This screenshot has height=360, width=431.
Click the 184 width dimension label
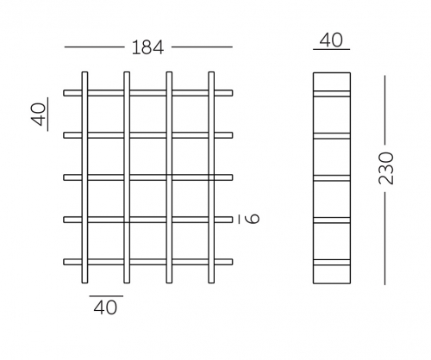pyautogui.click(x=147, y=47)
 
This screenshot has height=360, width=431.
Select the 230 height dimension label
pyautogui.click(x=386, y=169)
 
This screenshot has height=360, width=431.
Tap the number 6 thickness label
pyautogui.click(x=253, y=219)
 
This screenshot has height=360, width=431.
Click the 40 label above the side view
pyautogui.click(x=331, y=40)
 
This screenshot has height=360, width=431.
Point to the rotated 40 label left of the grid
pyautogui.click(x=39, y=115)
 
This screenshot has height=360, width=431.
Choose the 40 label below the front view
pyautogui.click(x=105, y=307)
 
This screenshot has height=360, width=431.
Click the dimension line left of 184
pyautogui.click(x=95, y=47)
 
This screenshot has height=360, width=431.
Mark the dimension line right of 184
pyautogui.click(x=202, y=47)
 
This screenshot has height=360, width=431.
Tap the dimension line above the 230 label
pyautogui.click(x=385, y=111)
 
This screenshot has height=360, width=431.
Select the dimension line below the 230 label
pyautogui.click(x=385, y=238)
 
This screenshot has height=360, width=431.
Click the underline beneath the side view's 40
pyautogui.click(x=332, y=50)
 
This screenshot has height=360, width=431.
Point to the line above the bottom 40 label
pyautogui.click(x=106, y=296)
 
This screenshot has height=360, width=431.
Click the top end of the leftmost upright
pyautogui.click(x=84, y=72)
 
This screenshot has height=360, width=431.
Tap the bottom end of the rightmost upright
pyautogui.click(x=211, y=283)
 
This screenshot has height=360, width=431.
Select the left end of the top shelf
pyautogui.click(x=64, y=93)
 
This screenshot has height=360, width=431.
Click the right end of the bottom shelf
pyautogui.click(x=232, y=262)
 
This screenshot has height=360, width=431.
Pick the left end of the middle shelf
pyautogui.click(x=64, y=177)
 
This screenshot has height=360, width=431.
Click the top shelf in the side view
pyautogui.click(x=332, y=94)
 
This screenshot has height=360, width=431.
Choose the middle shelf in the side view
pyautogui.click(x=332, y=178)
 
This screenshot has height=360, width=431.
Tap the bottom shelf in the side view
pyautogui.click(x=332, y=263)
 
